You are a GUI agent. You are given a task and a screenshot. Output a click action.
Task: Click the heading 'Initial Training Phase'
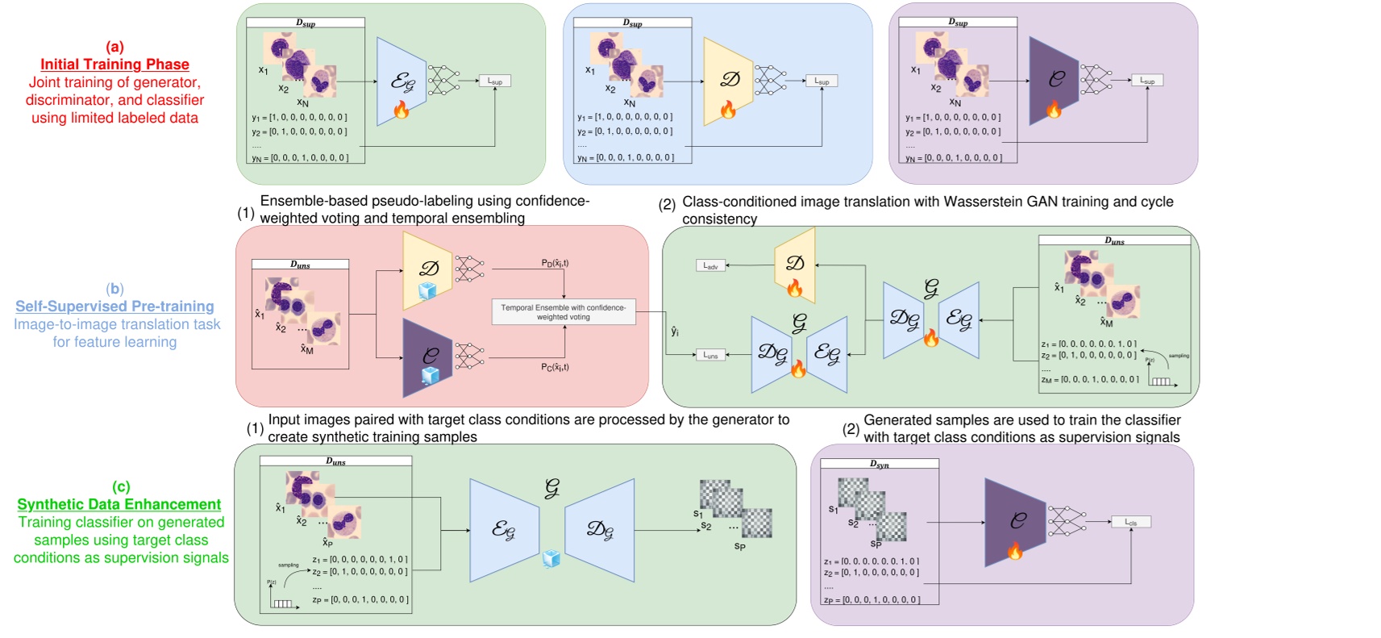tap(114, 65)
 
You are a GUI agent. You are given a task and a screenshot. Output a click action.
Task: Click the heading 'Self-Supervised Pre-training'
tap(114, 306)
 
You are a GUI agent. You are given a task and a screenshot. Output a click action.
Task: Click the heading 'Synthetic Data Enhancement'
tap(119, 505)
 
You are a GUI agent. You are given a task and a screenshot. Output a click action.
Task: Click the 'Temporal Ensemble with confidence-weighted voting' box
tap(564, 312)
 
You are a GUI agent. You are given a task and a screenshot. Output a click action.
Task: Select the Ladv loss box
tap(710, 265)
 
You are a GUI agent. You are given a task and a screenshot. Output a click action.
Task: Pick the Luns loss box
tap(710, 355)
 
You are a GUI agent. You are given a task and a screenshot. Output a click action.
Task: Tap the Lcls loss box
tap(1131, 522)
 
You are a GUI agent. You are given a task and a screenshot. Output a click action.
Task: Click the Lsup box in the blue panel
tap(822, 81)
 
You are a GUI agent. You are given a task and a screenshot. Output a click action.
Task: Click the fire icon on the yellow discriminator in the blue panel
tap(728, 109)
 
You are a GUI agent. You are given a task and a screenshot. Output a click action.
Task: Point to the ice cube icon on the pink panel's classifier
tap(430, 376)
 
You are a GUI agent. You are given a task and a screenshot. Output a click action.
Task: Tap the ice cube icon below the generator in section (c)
tap(551, 559)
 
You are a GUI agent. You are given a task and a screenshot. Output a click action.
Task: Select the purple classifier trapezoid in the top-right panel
tap(1054, 81)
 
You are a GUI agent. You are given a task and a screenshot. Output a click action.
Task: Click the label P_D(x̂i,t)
tap(555, 263)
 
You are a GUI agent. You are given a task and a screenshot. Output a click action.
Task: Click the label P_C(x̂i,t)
tap(555, 367)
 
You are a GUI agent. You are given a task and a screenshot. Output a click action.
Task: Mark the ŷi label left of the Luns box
tap(675, 332)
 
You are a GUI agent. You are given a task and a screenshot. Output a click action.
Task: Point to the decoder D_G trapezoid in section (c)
tap(600, 530)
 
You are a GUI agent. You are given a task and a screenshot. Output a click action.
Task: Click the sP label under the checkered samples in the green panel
tap(739, 547)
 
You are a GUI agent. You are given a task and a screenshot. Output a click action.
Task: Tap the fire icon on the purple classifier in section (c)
tap(1015, 551)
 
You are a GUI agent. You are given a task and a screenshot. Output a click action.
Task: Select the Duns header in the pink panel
tap(300, 265)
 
